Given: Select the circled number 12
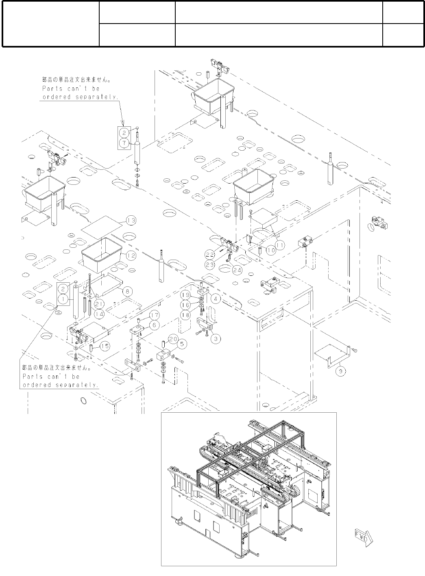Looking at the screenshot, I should click(x=131, y=256).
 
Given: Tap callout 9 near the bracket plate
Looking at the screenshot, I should click(x=341, y=371).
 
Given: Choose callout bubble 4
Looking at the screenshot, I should click(x=215, y=299).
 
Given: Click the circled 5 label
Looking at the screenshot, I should click(x=182, y=344).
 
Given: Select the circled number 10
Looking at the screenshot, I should click(x=271, y=250).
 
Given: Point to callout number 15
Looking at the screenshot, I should click(x=105, y=346).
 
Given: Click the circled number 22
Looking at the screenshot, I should click(x=209, y=254).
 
